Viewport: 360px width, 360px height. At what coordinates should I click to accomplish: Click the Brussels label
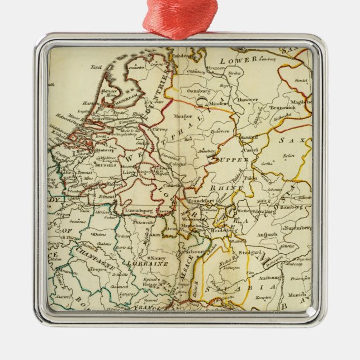tap(105, 165)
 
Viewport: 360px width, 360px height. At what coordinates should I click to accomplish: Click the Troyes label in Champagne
tap(98, 269)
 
